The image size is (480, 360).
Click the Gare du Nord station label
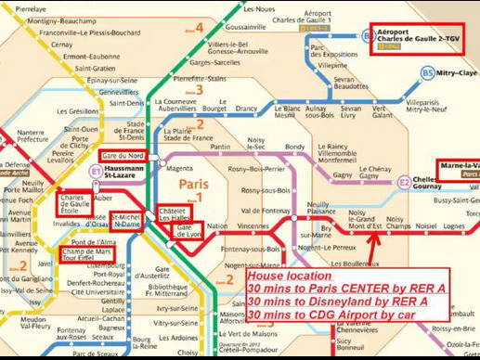point(122,155)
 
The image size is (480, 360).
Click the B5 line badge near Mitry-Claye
point(427,72)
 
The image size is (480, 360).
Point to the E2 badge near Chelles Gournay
point(404,183)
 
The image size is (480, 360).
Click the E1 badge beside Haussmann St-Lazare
point(95,172)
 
